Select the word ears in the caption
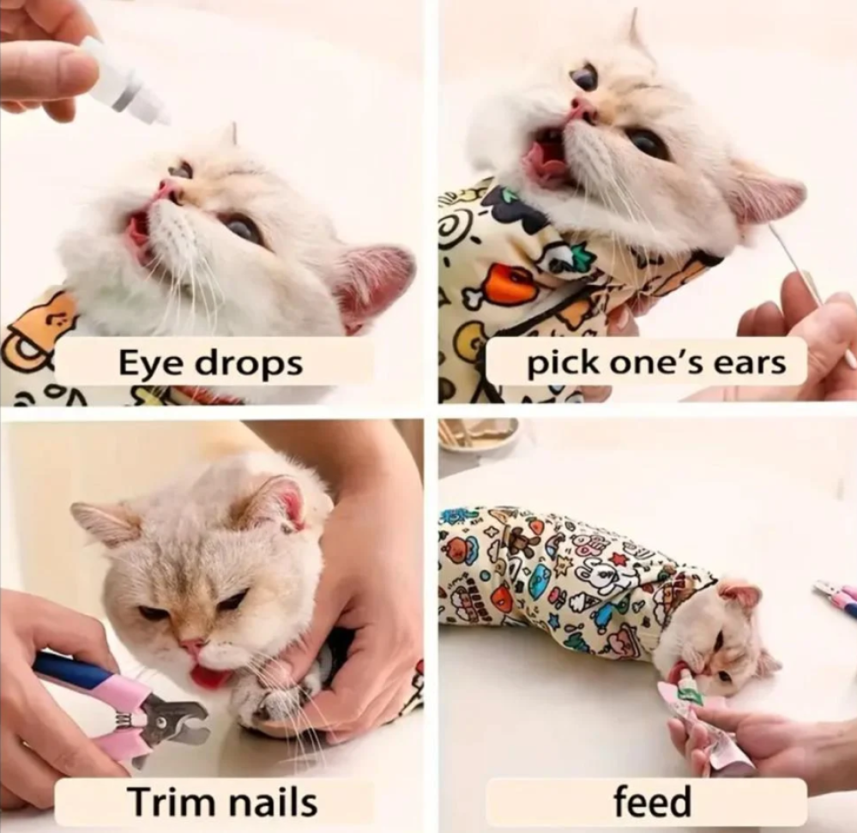(757, 364)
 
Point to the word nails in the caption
(272, 801)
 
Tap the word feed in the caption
(652, 800)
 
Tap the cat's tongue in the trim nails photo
(210, 676)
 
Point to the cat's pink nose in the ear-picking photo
(582, 109)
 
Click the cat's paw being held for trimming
(274, 708)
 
